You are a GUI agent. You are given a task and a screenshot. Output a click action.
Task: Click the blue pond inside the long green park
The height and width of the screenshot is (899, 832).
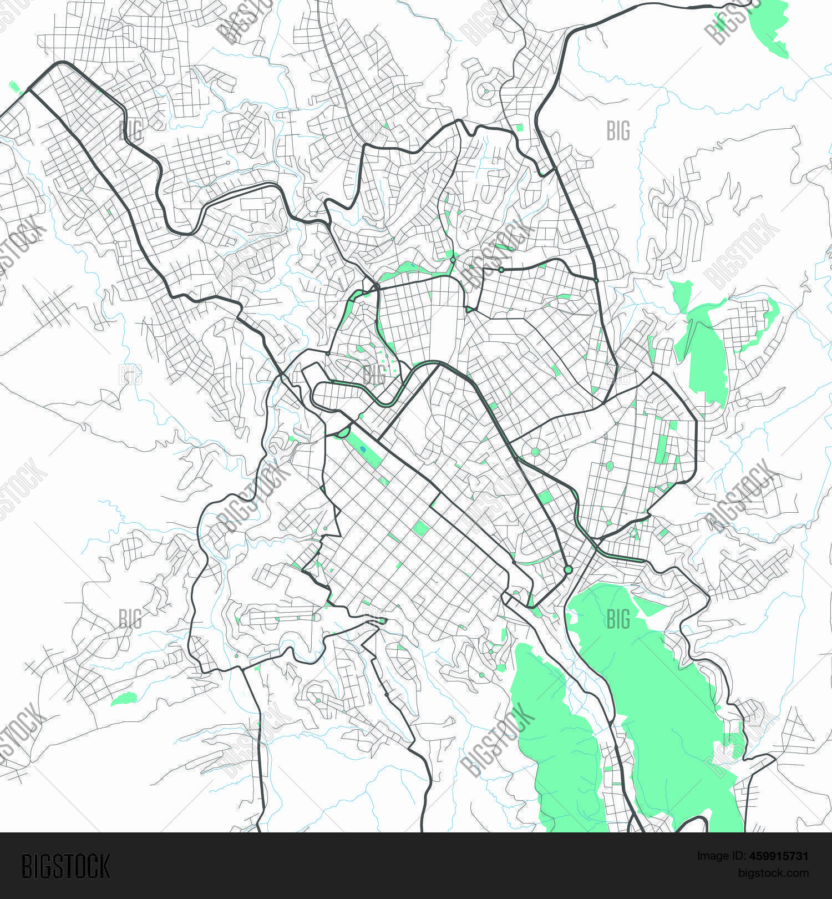(x=362, y=449)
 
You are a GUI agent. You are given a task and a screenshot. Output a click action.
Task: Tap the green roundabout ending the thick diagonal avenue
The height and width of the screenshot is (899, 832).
(x=567, y=570)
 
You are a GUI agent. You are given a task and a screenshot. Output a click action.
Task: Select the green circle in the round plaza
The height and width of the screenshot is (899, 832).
(x=535, y=452)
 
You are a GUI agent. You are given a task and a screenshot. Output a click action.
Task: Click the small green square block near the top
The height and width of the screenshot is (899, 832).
(x=519, y=128)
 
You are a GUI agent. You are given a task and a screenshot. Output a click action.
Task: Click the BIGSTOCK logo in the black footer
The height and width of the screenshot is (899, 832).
(x=65, y=866)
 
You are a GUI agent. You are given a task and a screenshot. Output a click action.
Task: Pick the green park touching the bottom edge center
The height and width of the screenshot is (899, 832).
(x=555, y=744)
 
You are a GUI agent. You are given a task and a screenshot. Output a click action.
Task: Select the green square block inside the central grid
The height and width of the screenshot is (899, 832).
(x=420, y=528)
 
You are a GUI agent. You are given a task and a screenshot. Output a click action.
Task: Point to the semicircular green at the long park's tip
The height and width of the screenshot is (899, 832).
(x=343, y=432)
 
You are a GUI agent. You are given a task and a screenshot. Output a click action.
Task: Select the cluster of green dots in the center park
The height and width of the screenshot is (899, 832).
(x=388, y=364)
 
